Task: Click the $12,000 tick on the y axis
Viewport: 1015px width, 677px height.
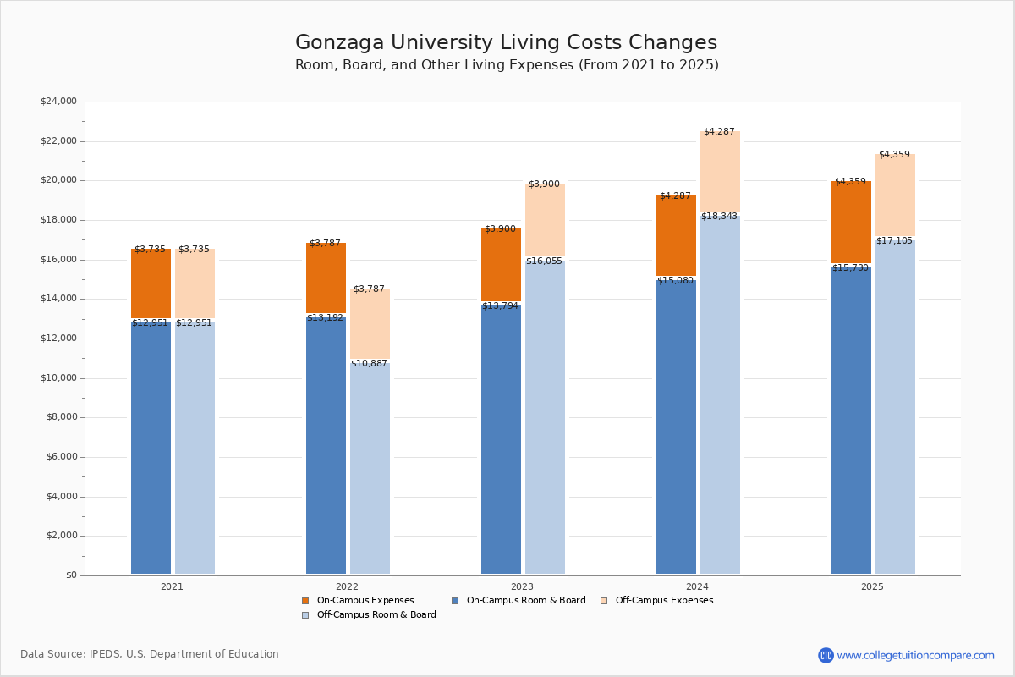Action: [x=58, y=338]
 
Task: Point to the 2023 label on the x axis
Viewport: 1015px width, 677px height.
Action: [x=522, y=586]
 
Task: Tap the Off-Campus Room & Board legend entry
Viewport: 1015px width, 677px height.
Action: [x=376, y=615]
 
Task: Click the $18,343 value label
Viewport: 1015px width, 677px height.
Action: [x=719, y=217]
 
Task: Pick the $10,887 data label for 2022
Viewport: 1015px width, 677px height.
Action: [x=369, y=364]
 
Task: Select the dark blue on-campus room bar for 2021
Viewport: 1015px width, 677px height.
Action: [x=151, y=449]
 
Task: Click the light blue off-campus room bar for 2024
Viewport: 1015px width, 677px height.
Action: [x=720, y=398]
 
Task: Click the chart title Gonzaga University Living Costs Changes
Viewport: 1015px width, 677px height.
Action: [x=506, y=43]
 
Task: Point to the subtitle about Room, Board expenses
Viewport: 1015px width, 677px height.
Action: [x=507, y=65]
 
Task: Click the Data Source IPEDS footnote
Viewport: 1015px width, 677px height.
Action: [x=150, y=654]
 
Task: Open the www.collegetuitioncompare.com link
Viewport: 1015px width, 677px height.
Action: [x=915, y=655]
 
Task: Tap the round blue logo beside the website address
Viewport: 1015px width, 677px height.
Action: [x=826, y=655]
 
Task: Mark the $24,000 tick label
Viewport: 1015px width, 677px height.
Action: [x=58, y=102]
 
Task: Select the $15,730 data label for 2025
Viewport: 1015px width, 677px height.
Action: [x=850, y=268]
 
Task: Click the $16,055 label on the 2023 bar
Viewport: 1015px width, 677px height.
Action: [x=544, y=261]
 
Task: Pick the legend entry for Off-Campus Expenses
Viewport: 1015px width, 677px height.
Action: [x=663, y=601]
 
